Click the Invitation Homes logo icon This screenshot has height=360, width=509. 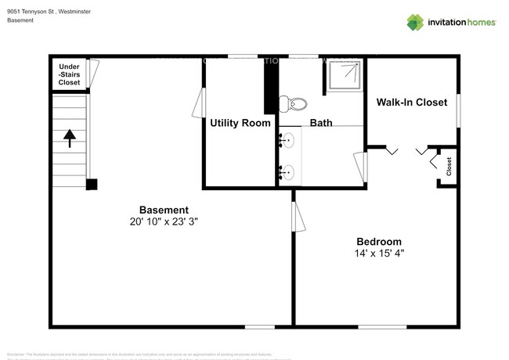(x=415, y=22)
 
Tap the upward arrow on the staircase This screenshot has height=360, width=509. (x=69, y=139)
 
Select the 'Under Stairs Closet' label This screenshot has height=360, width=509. (x=69, y=74)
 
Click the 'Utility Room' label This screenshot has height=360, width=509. (x=240, y=123)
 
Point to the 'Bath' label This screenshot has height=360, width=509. (x=321, y=123)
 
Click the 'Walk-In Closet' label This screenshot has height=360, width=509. (x=411, y=103)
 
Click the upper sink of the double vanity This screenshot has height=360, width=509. (x=287, y=141)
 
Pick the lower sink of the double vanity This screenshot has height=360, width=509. (x=287, y=171)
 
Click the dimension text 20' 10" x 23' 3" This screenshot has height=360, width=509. (x=164, y=221)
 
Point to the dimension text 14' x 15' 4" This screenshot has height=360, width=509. (x=379, y=254)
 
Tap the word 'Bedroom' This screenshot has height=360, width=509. (x=379, y=241)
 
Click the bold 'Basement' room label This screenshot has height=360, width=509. (x=164, y=210)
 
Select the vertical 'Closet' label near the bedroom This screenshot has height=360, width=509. (x=449, y=167)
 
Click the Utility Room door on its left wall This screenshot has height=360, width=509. (x=200, y=103)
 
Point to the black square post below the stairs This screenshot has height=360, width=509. (x=92, y=185)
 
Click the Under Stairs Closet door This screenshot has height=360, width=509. (x=94, y=74)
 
